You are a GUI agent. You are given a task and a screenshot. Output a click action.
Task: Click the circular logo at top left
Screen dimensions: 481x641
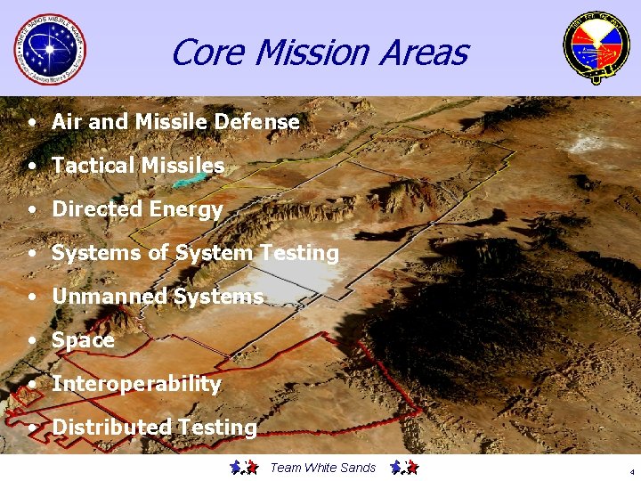point(51,49)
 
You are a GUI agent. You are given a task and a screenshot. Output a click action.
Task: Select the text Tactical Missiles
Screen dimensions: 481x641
point(138,166)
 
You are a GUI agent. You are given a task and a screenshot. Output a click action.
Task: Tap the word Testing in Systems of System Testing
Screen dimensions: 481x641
point(299,254)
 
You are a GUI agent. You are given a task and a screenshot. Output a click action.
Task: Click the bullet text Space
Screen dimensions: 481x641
point(83,340)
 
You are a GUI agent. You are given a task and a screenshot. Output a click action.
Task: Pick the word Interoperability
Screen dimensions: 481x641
point(136,384)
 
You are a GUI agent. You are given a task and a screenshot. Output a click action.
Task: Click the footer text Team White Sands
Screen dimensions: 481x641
point(322,468)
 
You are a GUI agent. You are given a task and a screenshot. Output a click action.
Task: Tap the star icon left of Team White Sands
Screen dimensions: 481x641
point(243,467)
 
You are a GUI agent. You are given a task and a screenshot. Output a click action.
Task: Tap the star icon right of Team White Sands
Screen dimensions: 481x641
point(404,467)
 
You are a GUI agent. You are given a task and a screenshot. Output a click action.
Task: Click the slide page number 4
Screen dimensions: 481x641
point(630,471)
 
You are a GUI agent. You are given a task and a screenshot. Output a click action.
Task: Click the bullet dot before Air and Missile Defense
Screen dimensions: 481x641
point(32,122)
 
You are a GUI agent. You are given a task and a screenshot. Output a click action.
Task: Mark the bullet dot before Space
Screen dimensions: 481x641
point(32,340)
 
